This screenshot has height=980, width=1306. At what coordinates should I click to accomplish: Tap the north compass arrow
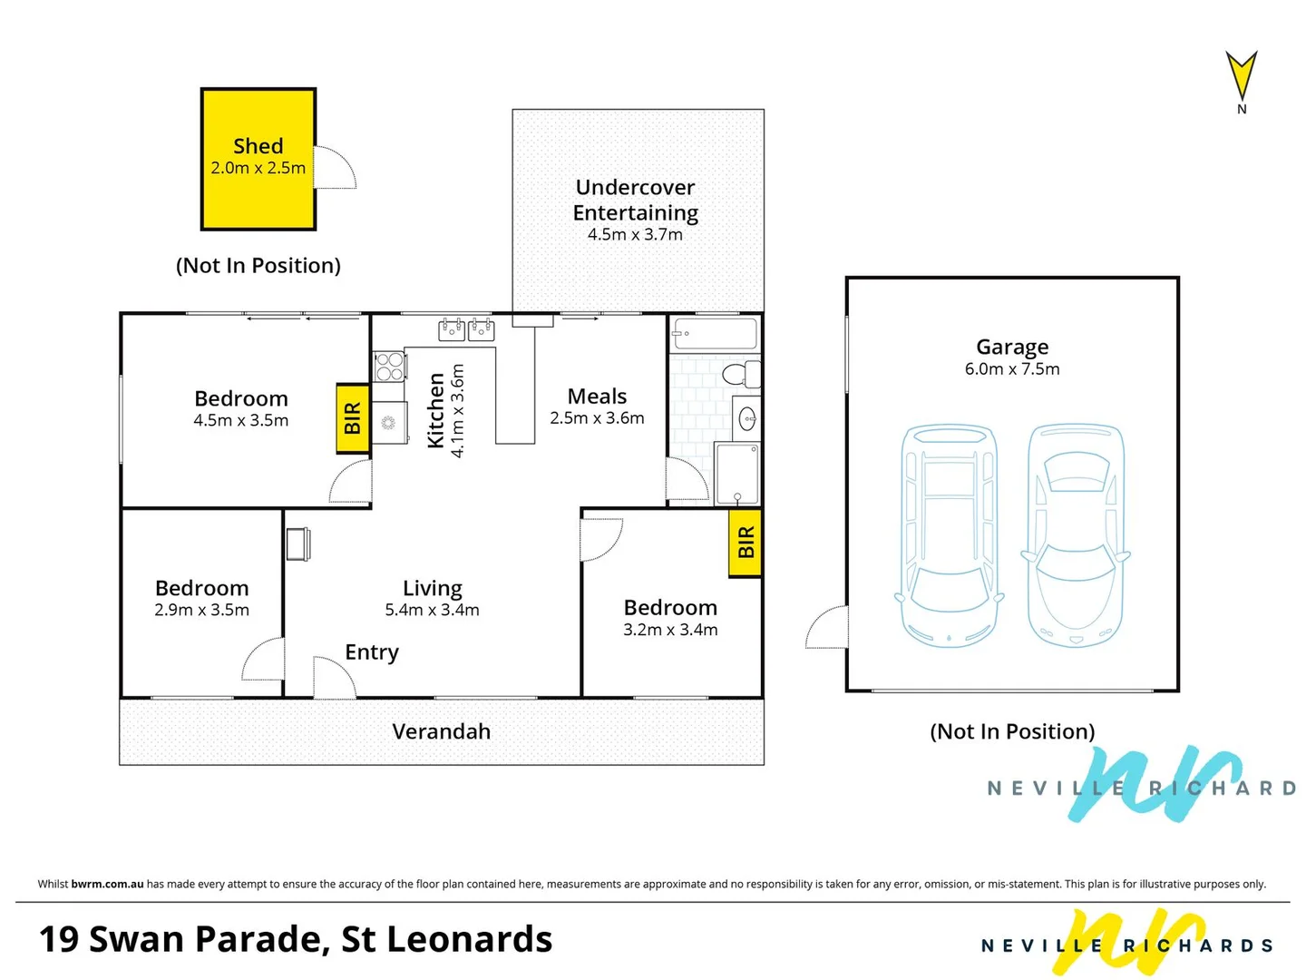(x=1242, y=76)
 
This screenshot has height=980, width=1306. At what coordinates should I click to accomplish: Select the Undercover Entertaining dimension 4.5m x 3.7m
(x=635, y=234)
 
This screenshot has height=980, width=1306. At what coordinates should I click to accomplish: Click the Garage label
(x=1012, y=347)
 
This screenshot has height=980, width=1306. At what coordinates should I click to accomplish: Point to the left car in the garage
(x=950, y=534)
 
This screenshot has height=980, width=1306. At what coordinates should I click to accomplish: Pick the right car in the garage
(x=1076, y=534)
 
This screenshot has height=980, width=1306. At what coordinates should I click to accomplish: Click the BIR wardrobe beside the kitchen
(x=353, y=418)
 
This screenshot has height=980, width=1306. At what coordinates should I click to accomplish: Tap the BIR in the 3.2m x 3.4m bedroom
(x=746, y=543)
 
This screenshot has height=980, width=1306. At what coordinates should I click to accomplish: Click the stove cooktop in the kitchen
(x=390, y=367)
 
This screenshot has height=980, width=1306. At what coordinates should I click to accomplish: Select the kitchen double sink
(x=466, y=329)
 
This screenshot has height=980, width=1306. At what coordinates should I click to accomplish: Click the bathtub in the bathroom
(x=715, y=334)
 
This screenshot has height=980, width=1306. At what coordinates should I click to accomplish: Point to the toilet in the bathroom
(x=742, y=373)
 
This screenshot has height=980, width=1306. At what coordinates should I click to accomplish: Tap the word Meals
(x=597, y=397)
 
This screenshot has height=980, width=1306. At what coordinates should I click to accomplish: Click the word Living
(x=433, y=588)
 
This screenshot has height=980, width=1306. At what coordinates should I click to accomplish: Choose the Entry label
(x=372, y=652)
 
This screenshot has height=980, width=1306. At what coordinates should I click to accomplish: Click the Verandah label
(x=442, y=731)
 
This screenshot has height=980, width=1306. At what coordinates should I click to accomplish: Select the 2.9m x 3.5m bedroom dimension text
(x=201, y=610)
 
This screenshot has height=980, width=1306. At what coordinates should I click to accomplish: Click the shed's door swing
(x=336, y=168)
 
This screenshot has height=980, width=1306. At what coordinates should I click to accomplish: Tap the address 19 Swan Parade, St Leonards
(x=296, y=939)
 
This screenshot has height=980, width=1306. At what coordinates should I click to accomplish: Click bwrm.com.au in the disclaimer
(x=107, y=884)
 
